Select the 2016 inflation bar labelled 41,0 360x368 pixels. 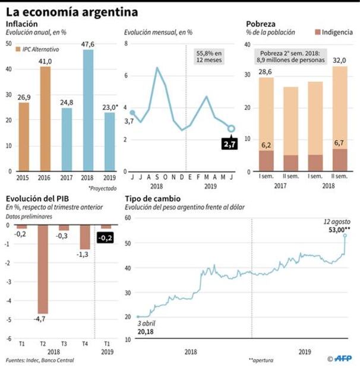[46, 119]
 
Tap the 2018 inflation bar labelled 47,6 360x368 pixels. [88, 110]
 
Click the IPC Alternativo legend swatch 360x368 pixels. [17, 50]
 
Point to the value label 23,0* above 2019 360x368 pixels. [109, 107]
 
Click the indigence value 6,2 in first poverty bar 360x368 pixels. [267, 144]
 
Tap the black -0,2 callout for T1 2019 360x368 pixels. [106, 239]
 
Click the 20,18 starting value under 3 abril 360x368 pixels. [146, 332]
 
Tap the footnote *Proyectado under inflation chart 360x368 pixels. [103, 188]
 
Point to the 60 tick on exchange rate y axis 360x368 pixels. [128, 218]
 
